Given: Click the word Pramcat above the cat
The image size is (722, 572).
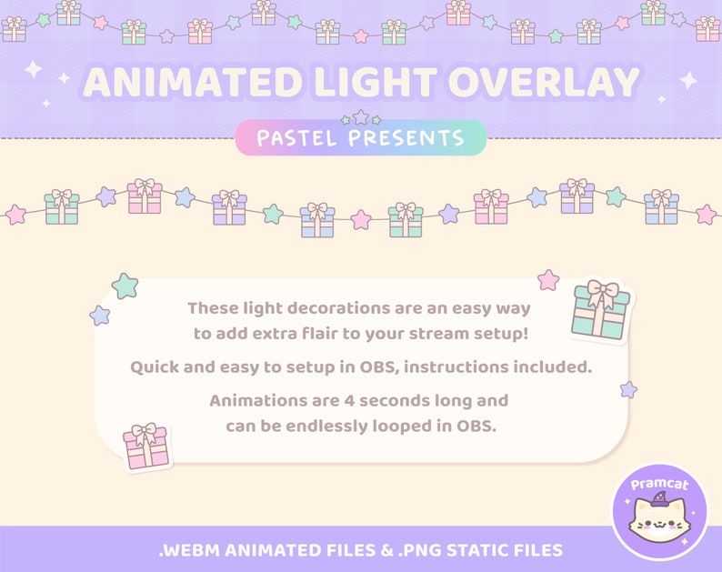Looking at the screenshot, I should click(x=660, y=485).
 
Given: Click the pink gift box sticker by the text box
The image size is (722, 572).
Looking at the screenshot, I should click(x=145, y=447).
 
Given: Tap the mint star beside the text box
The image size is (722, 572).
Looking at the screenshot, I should click(x=125, y=286).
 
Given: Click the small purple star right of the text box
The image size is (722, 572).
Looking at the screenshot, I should click(x=628, y=389).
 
